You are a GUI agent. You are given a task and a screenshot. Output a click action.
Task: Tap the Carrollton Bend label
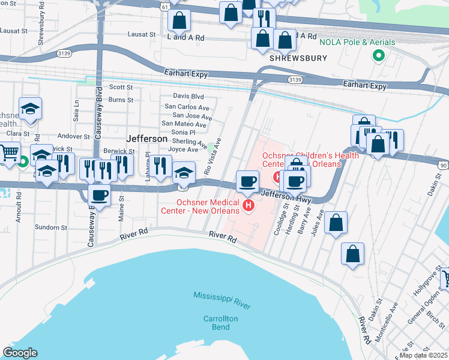(220, 322)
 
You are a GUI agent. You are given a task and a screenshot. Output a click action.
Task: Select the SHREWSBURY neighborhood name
(298, 58)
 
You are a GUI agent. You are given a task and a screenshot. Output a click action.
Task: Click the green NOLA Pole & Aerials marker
(379, 56)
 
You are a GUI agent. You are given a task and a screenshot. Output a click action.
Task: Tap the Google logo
(20, 353)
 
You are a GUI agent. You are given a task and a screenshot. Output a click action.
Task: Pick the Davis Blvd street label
(188, 96)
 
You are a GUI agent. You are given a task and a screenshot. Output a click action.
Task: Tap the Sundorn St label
(50, 227)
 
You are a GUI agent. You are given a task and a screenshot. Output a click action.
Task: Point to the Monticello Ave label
(387, 320)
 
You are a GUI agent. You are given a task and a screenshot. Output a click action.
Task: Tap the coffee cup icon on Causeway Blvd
(100, 194)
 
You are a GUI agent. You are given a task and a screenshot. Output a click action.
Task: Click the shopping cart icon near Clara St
(9, 152)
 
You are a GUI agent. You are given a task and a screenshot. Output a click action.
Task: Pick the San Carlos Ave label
(188, 107)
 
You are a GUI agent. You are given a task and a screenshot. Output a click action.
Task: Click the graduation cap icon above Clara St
(30, 109)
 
